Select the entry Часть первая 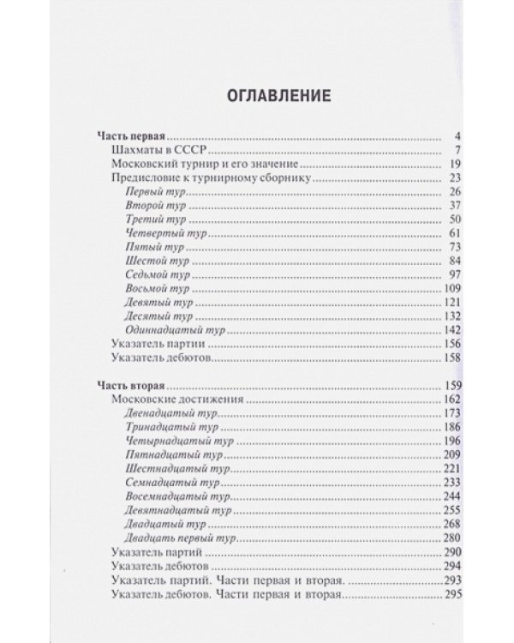coord(128,135)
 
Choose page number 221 coord(453,469)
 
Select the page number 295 coord(453,593)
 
